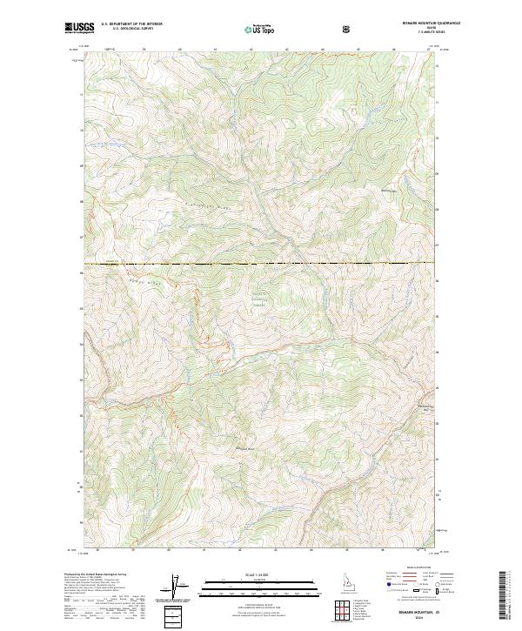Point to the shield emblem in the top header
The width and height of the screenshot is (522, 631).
[346, 29]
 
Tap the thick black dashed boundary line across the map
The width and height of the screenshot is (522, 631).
[261, 263]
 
